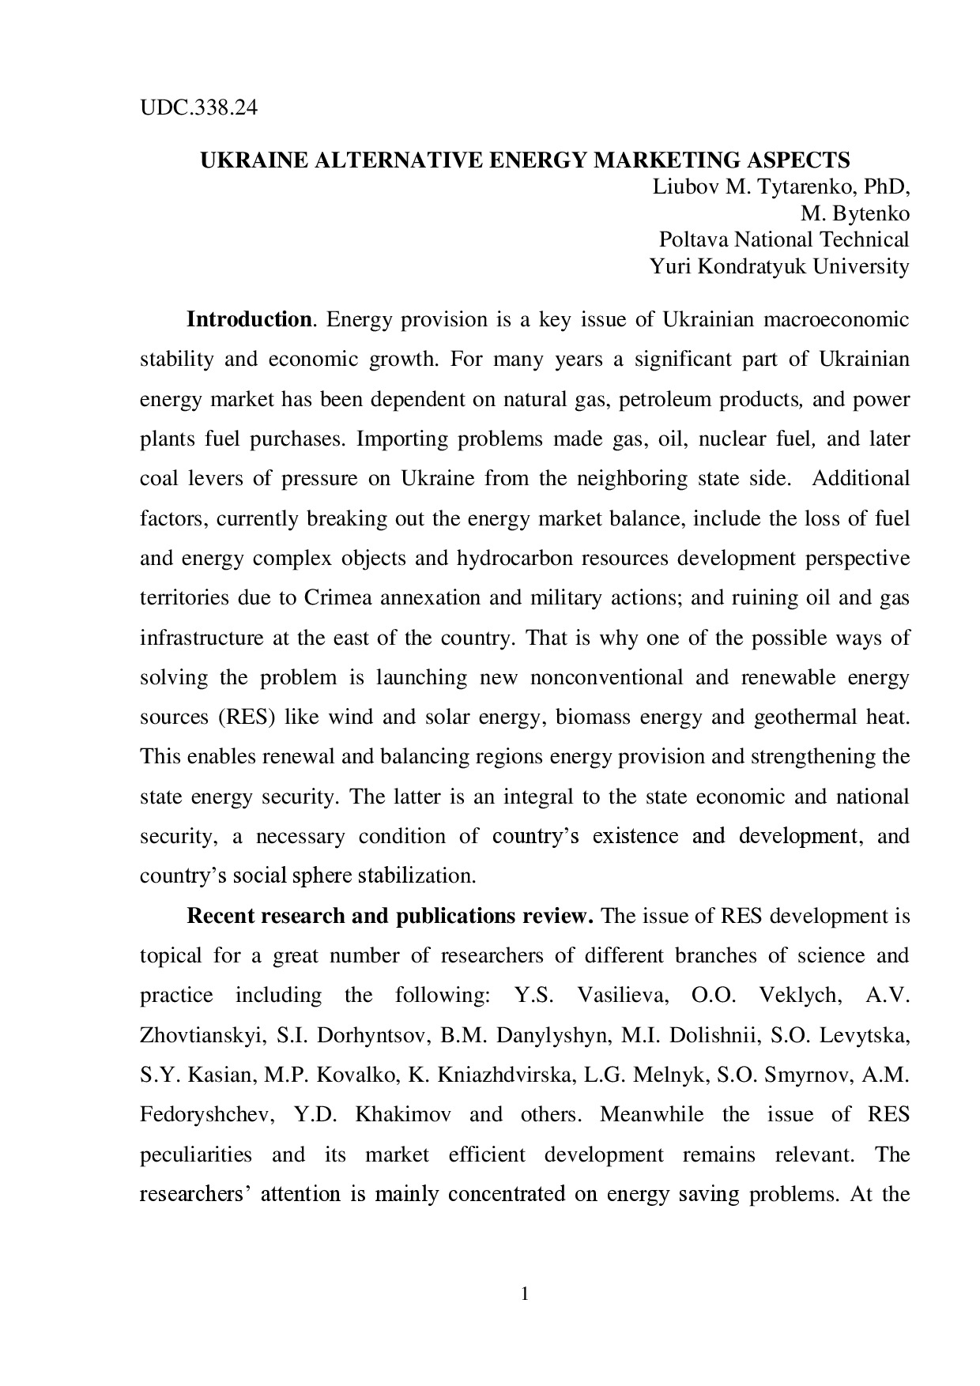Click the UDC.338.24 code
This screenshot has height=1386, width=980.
198,107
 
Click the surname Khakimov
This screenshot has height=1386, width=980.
403,1114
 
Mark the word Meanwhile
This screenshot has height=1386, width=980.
651,1114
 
